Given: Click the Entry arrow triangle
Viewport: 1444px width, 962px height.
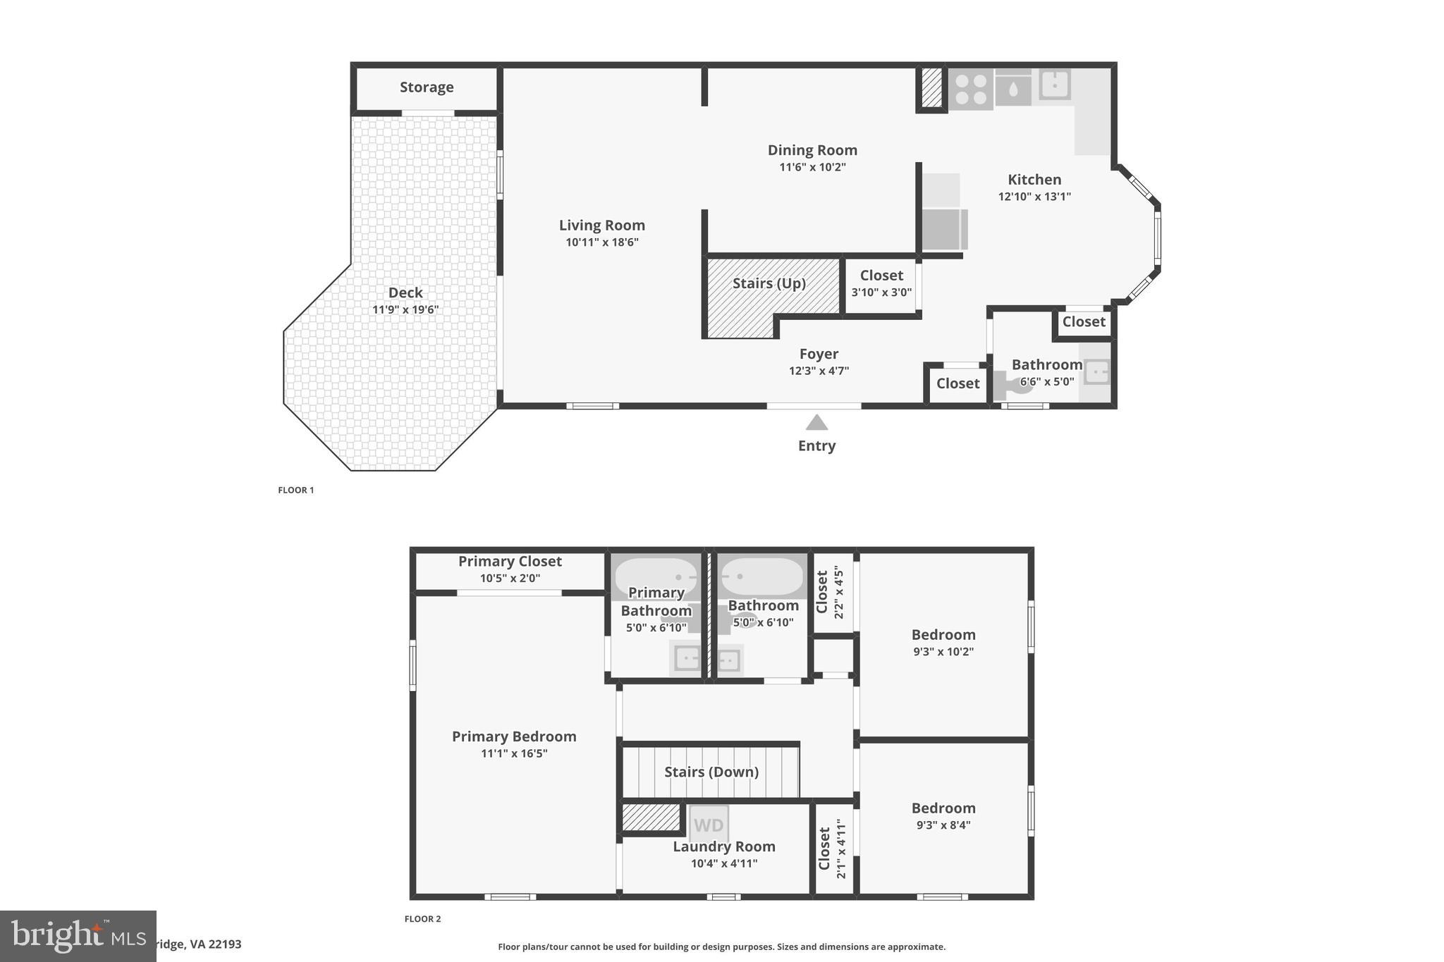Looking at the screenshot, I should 816,423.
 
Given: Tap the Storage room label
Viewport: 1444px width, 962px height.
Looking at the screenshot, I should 427,87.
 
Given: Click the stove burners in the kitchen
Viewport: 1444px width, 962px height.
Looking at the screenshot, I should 971,90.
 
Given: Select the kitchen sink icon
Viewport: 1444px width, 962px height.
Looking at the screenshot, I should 1055,85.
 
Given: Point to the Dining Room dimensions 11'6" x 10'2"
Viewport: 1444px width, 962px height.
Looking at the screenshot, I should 812,168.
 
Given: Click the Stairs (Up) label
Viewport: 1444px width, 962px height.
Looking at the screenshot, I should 769,283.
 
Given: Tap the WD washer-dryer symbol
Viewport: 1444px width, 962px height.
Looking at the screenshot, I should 709,825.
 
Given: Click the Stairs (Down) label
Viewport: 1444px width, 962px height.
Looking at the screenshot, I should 711,772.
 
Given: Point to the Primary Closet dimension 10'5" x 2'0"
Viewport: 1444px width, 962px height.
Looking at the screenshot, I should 510,579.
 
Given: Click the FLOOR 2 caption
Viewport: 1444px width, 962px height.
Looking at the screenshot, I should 422,919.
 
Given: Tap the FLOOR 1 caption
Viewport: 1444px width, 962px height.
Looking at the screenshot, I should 296,491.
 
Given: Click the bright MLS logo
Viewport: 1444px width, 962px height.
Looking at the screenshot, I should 78,936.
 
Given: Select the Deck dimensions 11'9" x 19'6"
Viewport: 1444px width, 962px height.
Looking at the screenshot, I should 405,310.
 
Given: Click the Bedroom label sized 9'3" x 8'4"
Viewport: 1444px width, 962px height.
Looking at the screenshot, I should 943,808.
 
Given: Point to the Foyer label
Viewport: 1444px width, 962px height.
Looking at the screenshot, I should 819,354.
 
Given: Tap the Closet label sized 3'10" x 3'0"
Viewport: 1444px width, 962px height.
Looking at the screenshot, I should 881,276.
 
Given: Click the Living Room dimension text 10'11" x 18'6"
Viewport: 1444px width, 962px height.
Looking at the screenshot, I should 601,242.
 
